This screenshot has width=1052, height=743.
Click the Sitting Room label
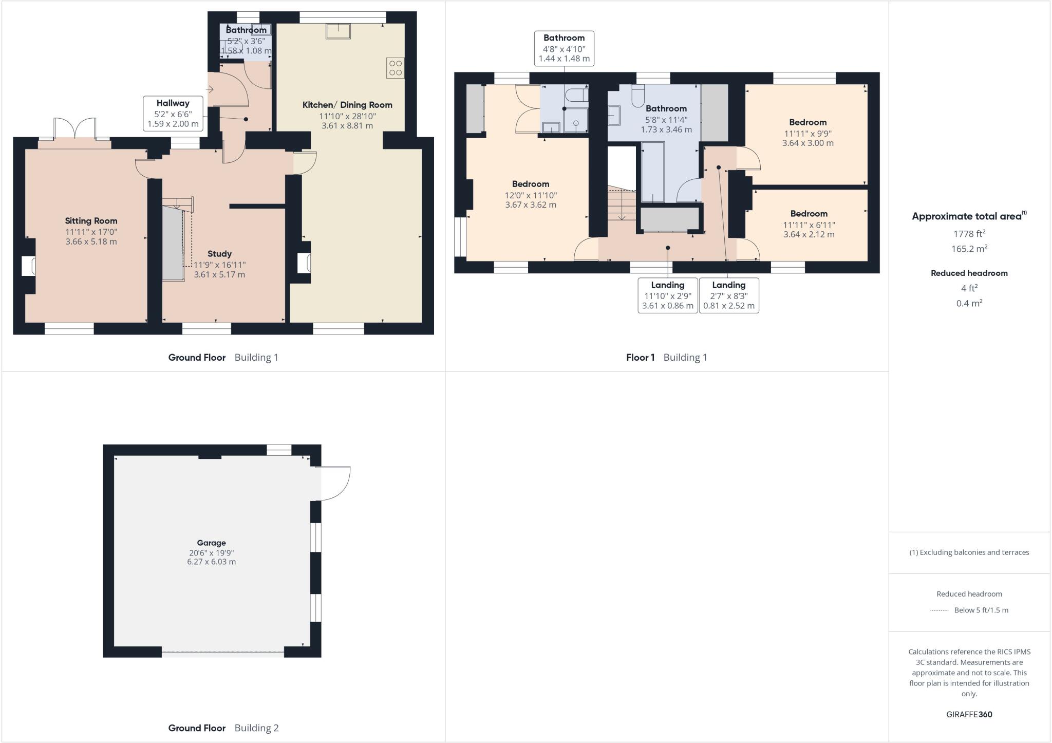pyautogui.click(x=91, y=221)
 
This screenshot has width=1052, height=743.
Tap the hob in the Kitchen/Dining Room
pyautogui.click(x=396, y=68)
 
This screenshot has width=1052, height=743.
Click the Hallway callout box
pyautogui.click(x=173, y=113)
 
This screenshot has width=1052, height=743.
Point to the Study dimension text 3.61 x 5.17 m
pyautogui.click(x=219, y=274)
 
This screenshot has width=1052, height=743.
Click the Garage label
pyautogui.click(x=211, y=543)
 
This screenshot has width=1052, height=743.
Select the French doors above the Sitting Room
pyautogui.click(x=75, y=129)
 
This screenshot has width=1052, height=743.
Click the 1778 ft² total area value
pyautogui.click(x=969, y=234)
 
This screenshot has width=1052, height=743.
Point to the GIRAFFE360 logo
pyautogui.click(x=969, y=714)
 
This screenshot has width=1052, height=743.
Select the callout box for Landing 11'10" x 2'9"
pyautogui.click(x=667, y=295)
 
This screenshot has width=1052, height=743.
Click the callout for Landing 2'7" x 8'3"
pyautogui.click(x=728, y=295)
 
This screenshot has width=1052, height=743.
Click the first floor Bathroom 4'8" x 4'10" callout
pyautogui.click(x=564, y=48)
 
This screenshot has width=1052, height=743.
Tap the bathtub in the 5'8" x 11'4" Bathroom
pyautogui.click(x=653, y=172)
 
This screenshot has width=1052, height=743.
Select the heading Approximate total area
pyautogui.click(x=966, y=216)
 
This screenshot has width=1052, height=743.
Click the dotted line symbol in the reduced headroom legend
pyautogui.click(x=939, y=610)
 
